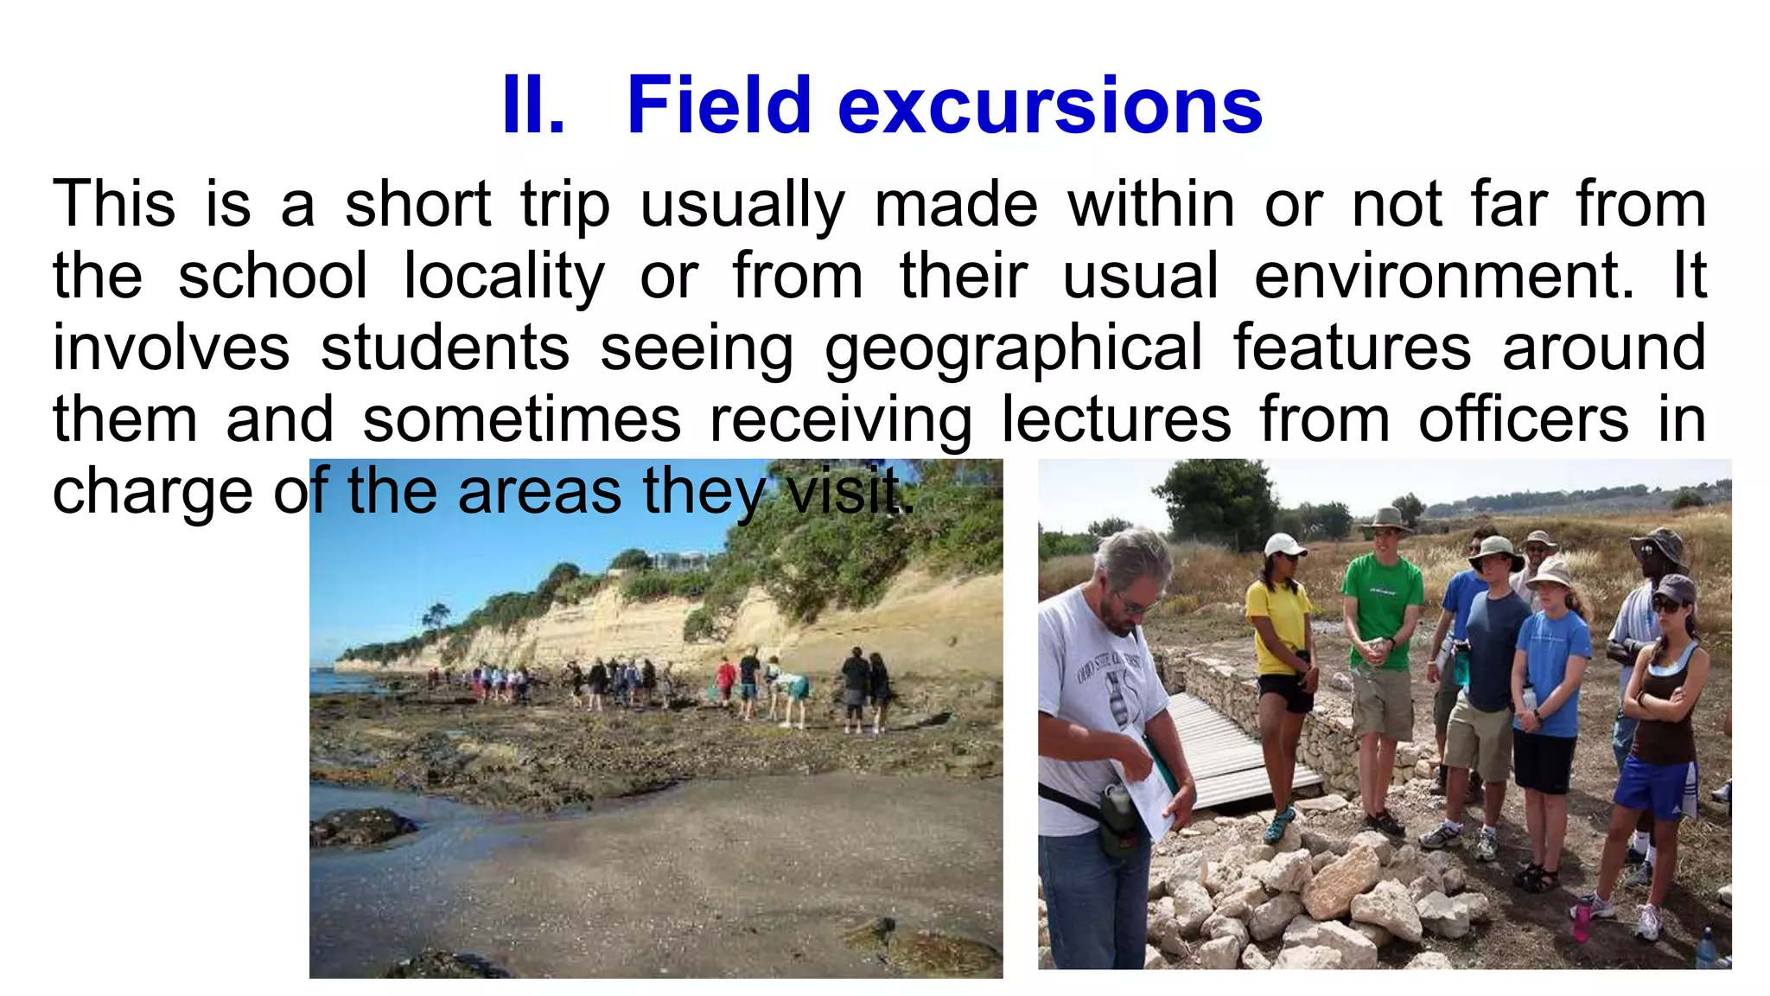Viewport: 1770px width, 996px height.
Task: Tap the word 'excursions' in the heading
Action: tap(1050, 105)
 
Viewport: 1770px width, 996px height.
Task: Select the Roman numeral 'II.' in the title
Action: tap(532, 105)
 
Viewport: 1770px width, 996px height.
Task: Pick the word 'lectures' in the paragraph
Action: tap(1116, 420)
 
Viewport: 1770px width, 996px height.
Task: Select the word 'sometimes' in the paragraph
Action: tap(521, 420)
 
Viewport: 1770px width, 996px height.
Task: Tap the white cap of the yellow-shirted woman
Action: tap(1283, 545)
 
